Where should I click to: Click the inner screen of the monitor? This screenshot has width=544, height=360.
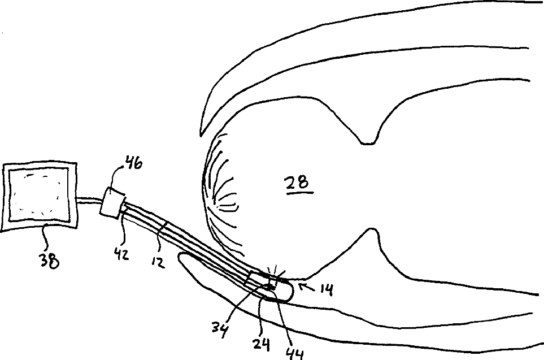[38, 195]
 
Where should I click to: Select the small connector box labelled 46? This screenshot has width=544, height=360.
[112, 202]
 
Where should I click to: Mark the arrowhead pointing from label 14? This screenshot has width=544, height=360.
[300, 287]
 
